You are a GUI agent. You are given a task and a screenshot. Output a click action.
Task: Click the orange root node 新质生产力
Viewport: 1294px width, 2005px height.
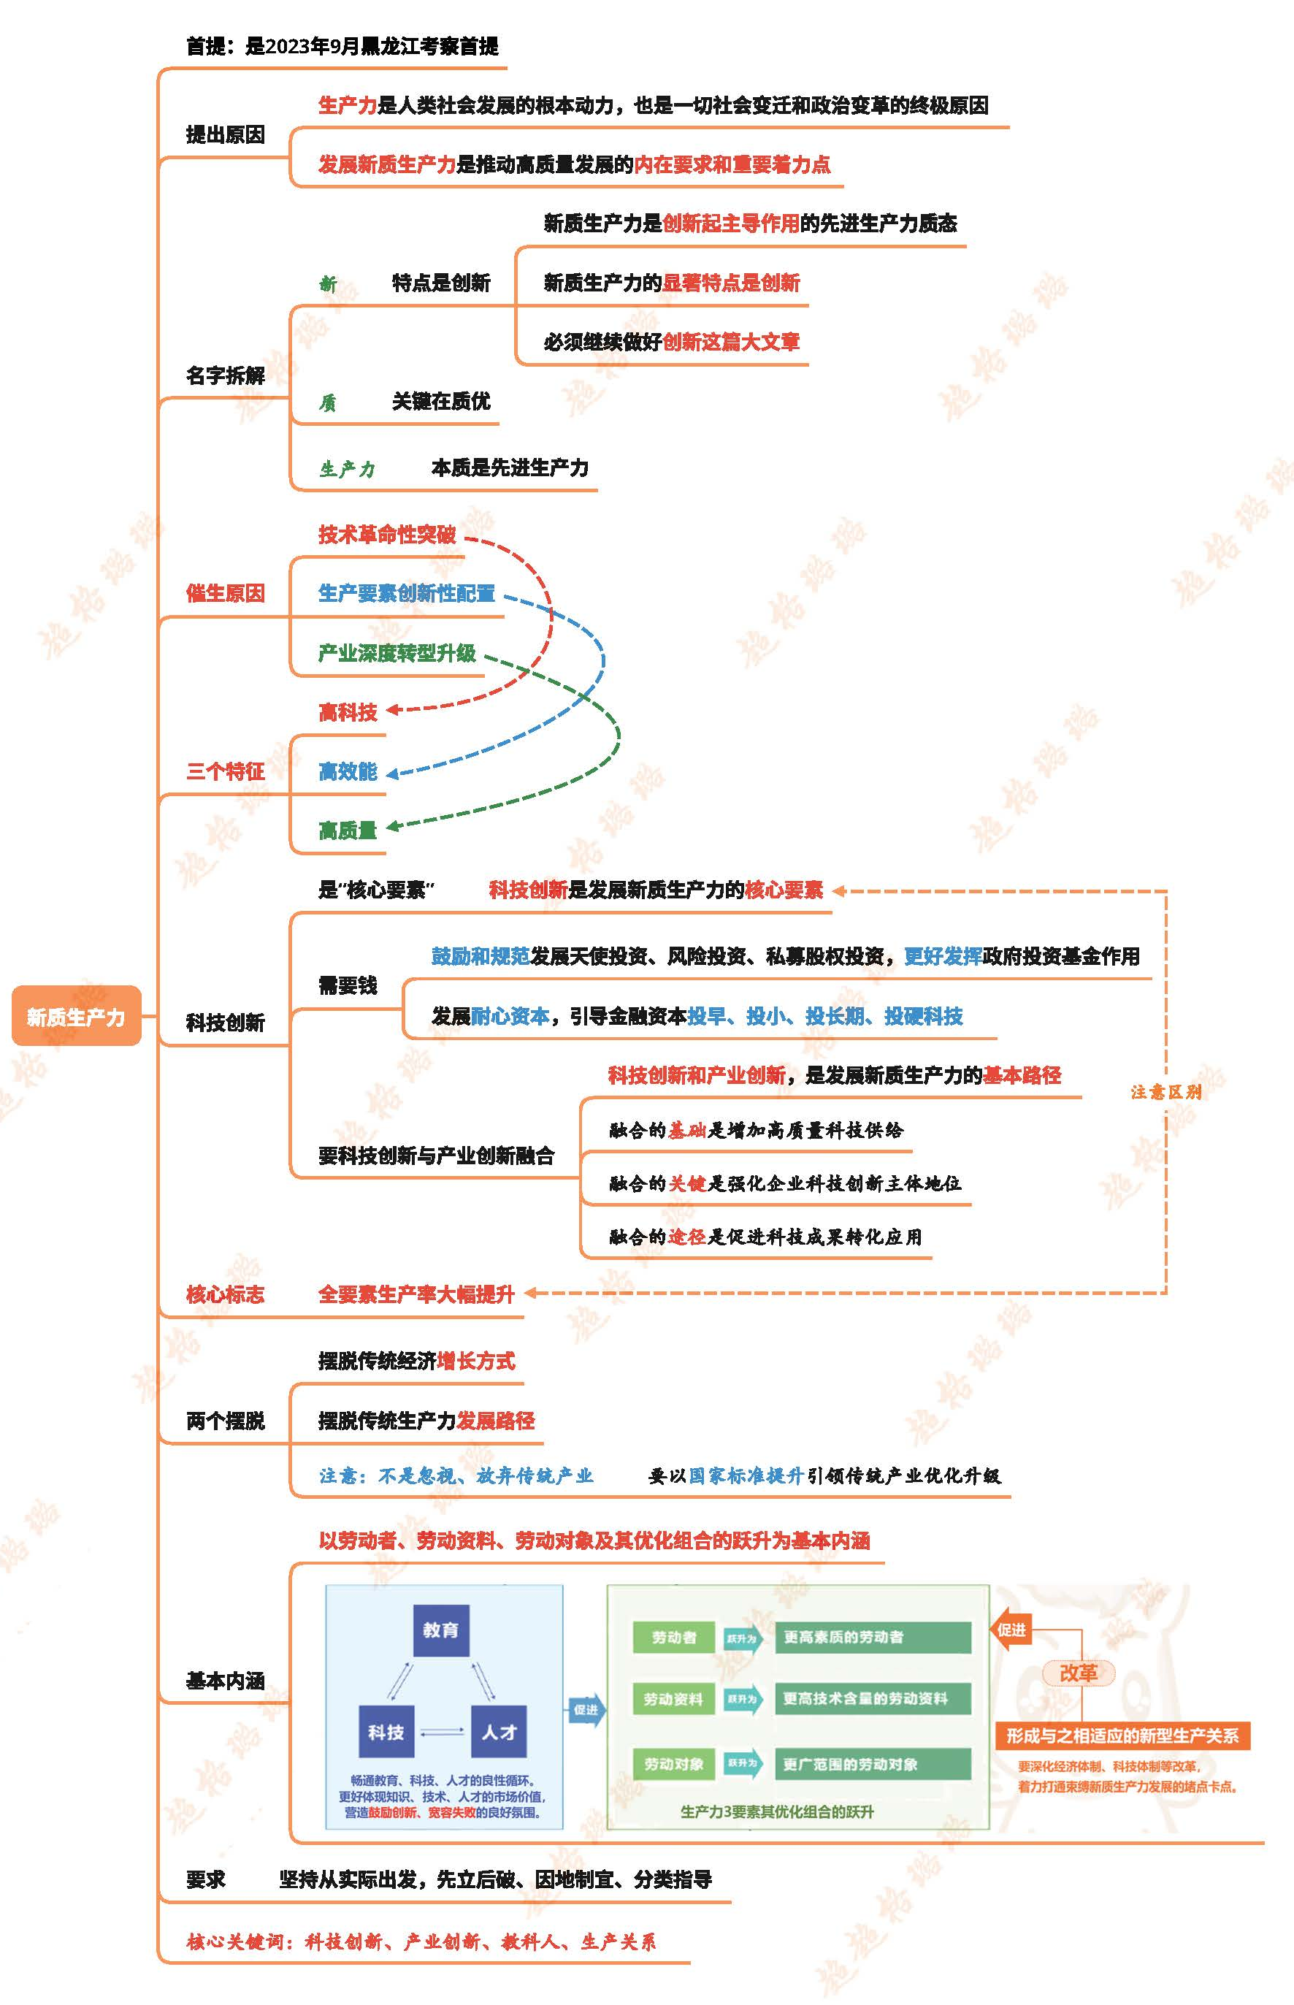tap(76, 1016)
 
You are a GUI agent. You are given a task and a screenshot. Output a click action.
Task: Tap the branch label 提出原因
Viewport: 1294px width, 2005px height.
tap(225, 134)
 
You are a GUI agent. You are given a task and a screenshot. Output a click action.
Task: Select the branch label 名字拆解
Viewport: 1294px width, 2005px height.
tap(225, 375)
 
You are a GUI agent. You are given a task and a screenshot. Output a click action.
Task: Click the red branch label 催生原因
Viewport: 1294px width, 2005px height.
tap(225, 593)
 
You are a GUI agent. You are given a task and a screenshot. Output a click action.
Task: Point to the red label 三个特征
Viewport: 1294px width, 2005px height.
tap(225, 771)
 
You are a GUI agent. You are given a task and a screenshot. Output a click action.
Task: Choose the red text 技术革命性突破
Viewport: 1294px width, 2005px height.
tap(387, 535)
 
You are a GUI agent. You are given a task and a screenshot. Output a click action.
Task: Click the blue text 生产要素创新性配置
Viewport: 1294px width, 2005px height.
tap(407, 593)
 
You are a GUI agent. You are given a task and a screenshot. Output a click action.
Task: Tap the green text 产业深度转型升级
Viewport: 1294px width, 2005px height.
tap(397, 653)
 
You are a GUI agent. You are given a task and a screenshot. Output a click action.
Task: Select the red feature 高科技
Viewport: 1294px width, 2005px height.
tap(348, 713)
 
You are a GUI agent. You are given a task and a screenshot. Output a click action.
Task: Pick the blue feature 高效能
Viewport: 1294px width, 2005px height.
tap(348, 771)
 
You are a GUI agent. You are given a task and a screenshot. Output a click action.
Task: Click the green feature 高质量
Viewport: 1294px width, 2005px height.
tap(348, 831)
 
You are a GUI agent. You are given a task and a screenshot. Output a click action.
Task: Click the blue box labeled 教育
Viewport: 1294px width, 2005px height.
tap(441, 1630)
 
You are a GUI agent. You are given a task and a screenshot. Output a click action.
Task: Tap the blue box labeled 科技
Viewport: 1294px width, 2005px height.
tap(386, 1732)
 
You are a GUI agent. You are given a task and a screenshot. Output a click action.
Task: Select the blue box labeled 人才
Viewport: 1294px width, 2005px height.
tap(499, 1732)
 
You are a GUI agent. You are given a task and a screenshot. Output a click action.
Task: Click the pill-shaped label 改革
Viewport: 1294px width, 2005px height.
tap(1079, 1673)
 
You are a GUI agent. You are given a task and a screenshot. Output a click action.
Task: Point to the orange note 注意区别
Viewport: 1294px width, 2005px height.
tap(1166, 1091)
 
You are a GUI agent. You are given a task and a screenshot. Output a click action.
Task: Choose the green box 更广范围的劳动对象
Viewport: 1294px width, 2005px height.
tap(872, 1764)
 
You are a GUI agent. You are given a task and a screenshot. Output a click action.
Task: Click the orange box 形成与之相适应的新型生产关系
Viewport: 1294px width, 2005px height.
tap(1122, 1735)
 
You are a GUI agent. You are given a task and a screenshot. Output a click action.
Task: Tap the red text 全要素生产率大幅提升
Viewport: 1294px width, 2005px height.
tap(417, 1294)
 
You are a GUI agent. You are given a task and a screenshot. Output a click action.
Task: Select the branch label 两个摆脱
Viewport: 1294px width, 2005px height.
tap(225, 1420)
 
